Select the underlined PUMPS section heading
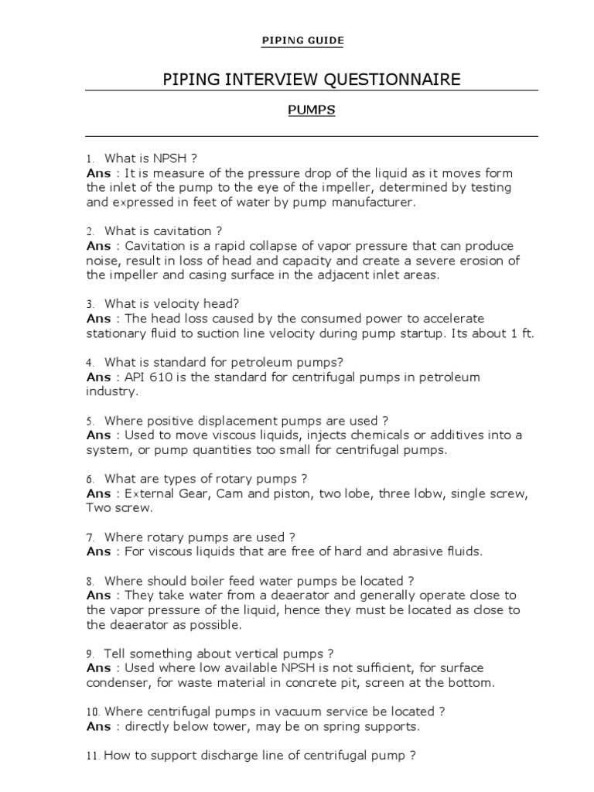(x=312, y=110)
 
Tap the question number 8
(x=90, y=581)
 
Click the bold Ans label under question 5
(x=98, y=435)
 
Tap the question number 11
(x=92, y=756)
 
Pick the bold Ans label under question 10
(x=98, y=725)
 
